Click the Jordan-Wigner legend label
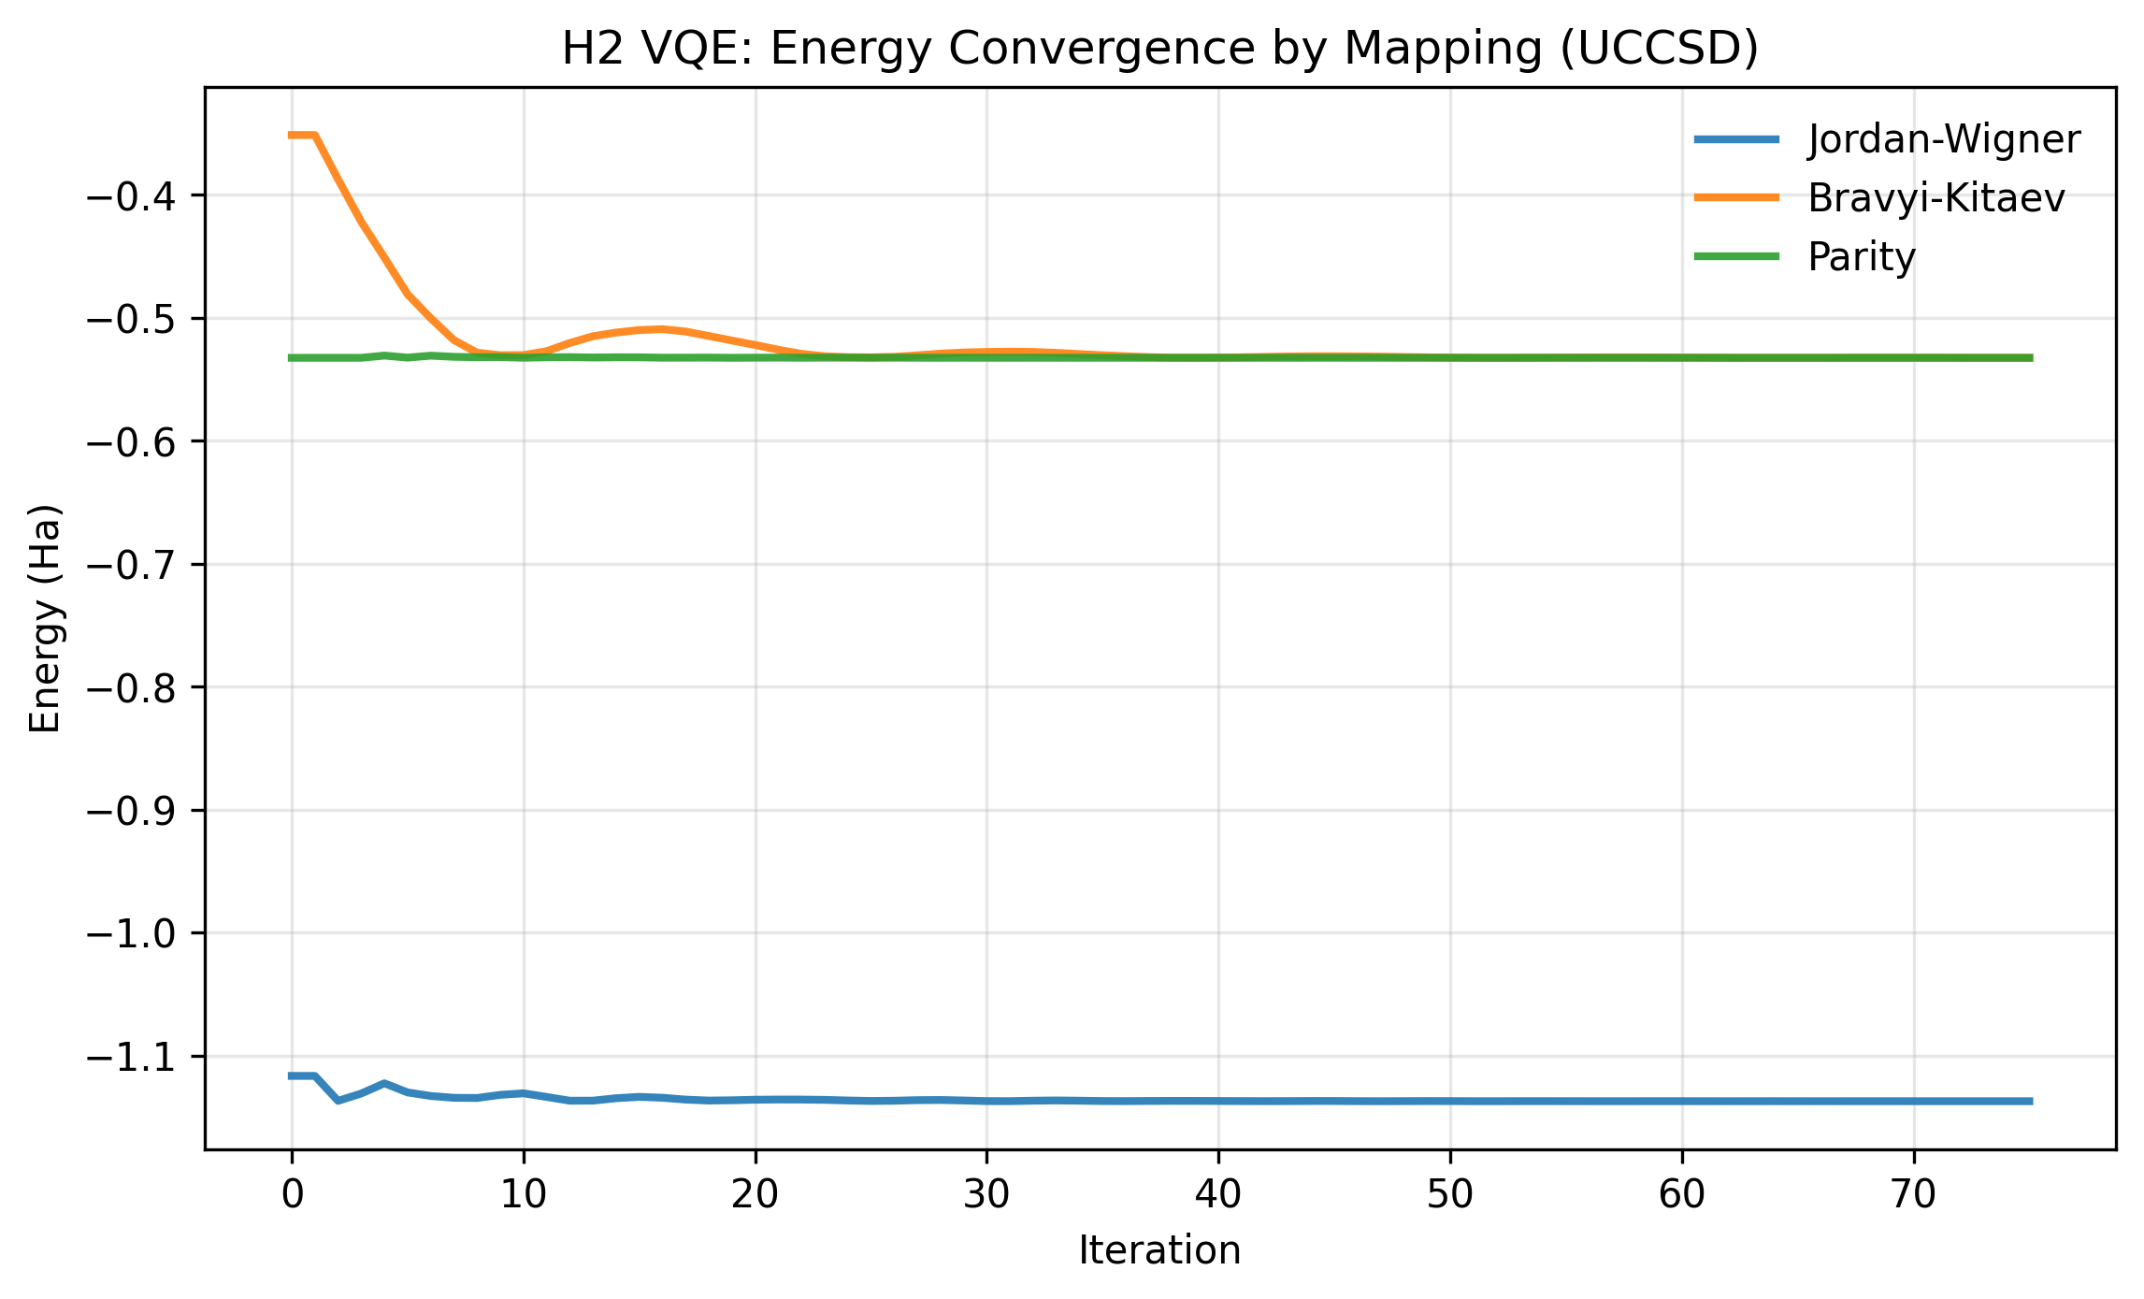(x=1944, y=139)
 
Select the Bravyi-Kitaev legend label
(x=1936, y=197)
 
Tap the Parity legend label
(x=1862, y=256)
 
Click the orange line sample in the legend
(x=1737, y=197)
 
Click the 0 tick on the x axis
(x=293, y=1194)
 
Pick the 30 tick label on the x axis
(x=986, y=1194)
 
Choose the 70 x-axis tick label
(x=1913, y=1194)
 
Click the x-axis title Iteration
(x=1159, y=1250)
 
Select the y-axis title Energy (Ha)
(x=45, y=618)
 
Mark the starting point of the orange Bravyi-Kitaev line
(x=293, y=136)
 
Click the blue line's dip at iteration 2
(x=338, y=1101)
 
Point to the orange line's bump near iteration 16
(x=662, y=328)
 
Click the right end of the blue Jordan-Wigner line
(x=2030, y=1101)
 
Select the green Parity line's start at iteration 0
(x=293, y=357)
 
